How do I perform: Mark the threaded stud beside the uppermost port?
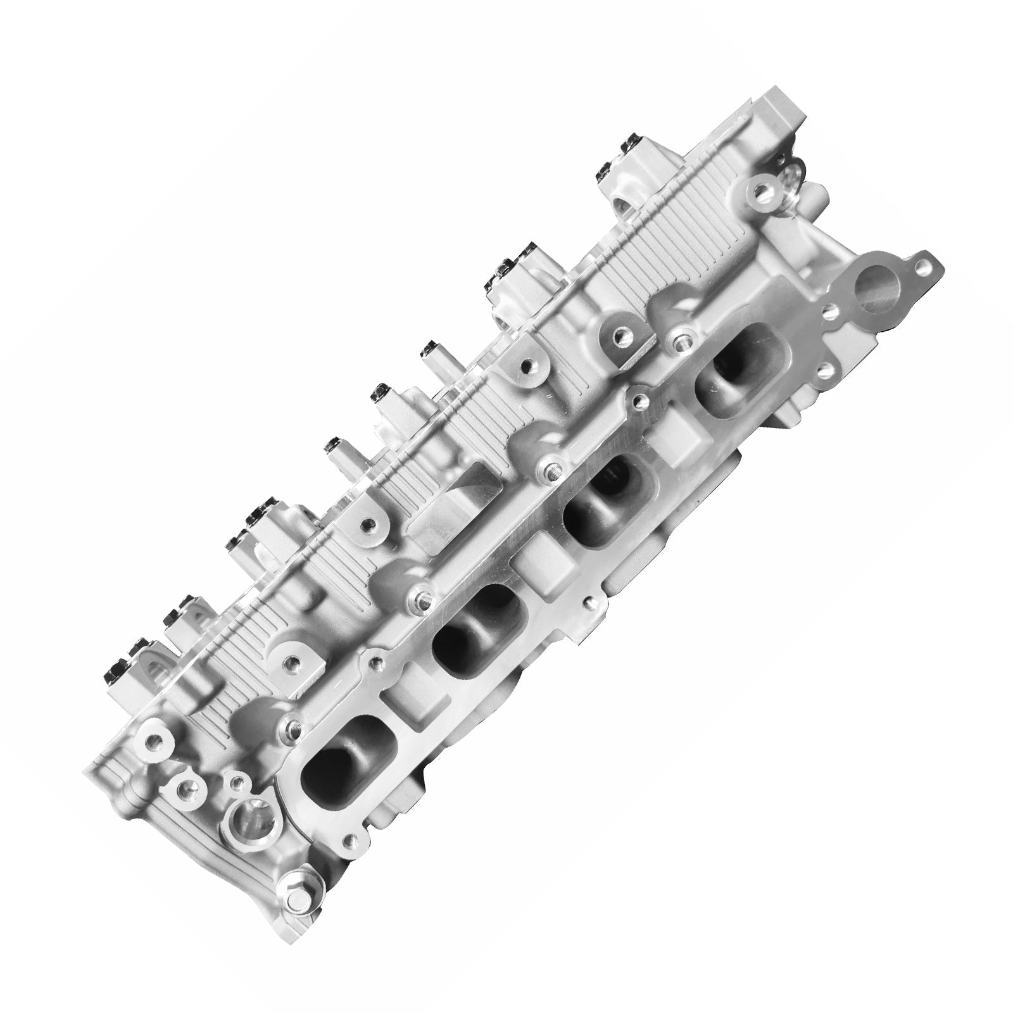coord(681,343)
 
